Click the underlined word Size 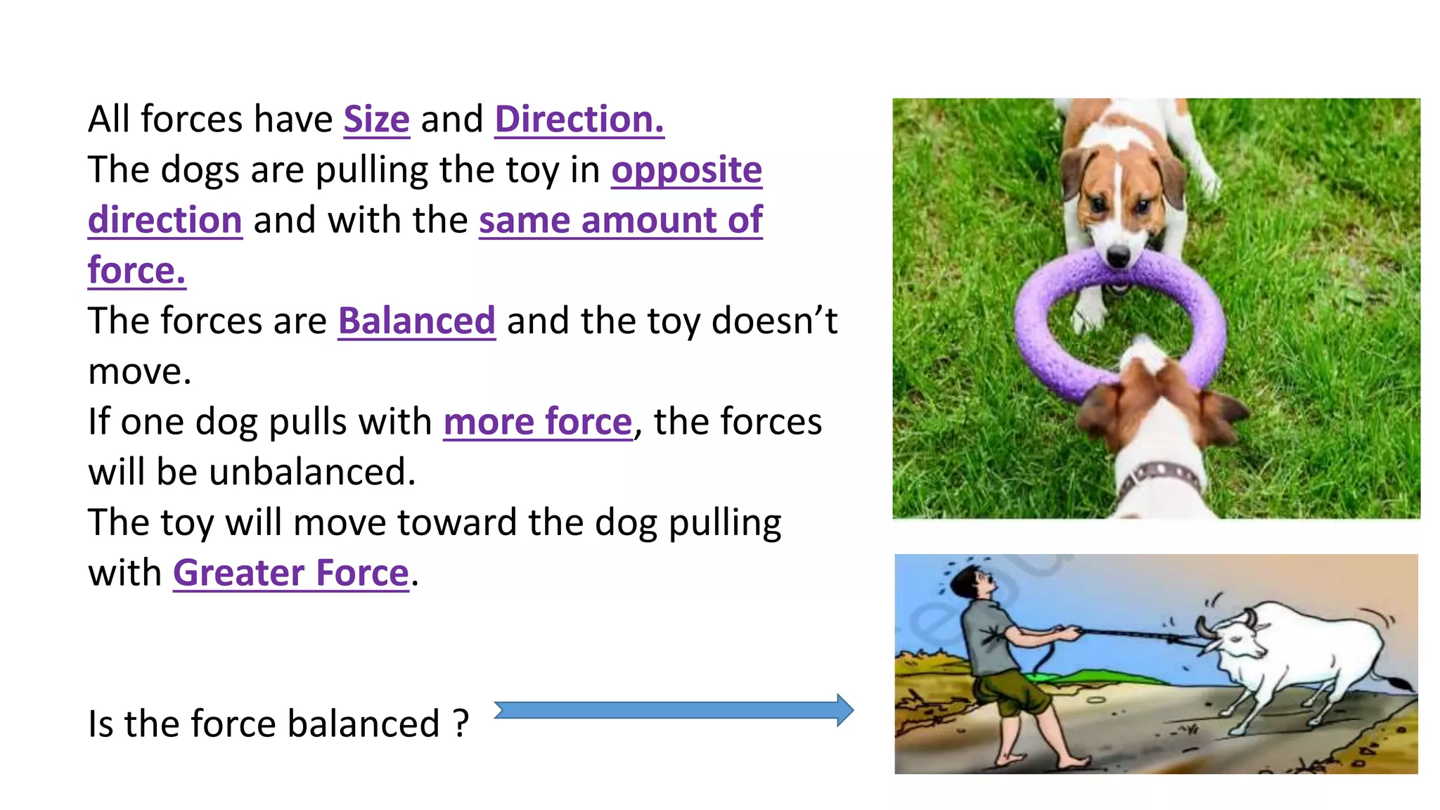(x=376, y=120)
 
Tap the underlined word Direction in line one (x=579, y=120)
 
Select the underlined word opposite (x=686, y=170)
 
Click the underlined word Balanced (x=416, y=321)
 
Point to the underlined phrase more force (x=538, y=422)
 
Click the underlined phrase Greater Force (x=290, y=573)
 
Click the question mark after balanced (x=461, y=724)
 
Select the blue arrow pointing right (x=673, y=710)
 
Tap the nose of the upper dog (x=1117, y=255)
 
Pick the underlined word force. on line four (x=136, y=271)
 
